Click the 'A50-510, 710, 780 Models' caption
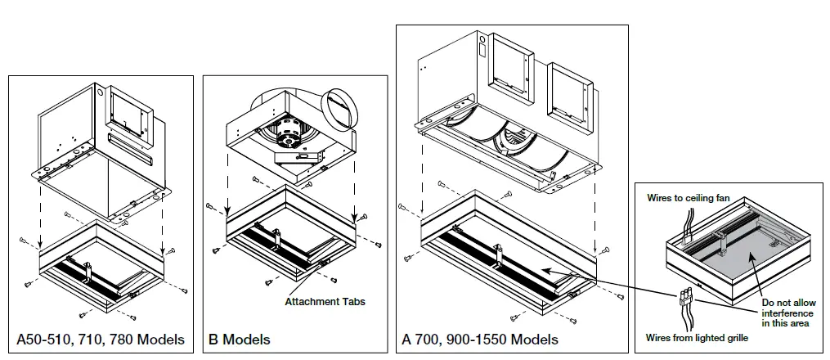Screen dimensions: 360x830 (x=101, y=339)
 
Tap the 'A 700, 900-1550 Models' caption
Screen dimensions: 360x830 (x=480, y=339)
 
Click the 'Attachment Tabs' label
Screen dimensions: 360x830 (x=325, y=301)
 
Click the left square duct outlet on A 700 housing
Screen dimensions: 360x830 (x=508, y=69)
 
